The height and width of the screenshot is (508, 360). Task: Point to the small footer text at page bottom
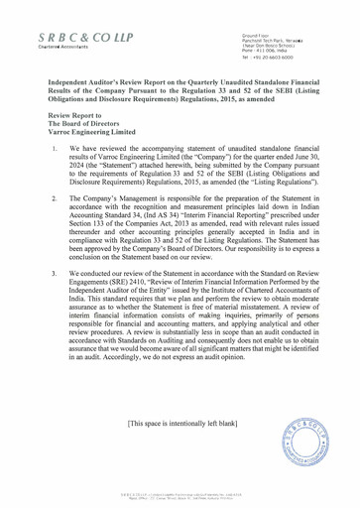[x=180, y=495]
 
